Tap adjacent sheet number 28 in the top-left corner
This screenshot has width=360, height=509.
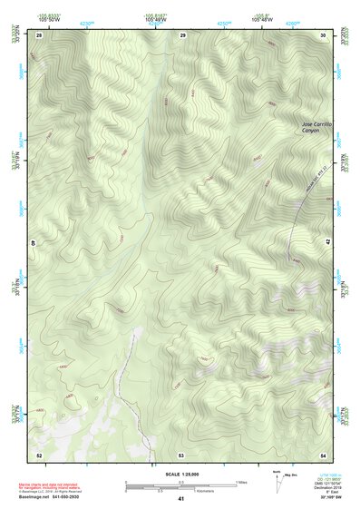point(39,34)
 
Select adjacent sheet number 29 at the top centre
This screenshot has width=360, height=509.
point(182,34)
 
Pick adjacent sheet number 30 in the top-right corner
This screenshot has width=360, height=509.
point(324,34)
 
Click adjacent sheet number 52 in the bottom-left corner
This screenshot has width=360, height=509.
point(39,455)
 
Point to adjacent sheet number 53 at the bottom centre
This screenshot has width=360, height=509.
point(181,455)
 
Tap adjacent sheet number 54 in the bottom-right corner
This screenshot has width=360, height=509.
point(324,455)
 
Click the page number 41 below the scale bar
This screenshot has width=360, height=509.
point(181,499)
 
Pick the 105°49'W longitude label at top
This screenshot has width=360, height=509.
point(153,20)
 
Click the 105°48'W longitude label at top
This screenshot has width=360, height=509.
point(260,20)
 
